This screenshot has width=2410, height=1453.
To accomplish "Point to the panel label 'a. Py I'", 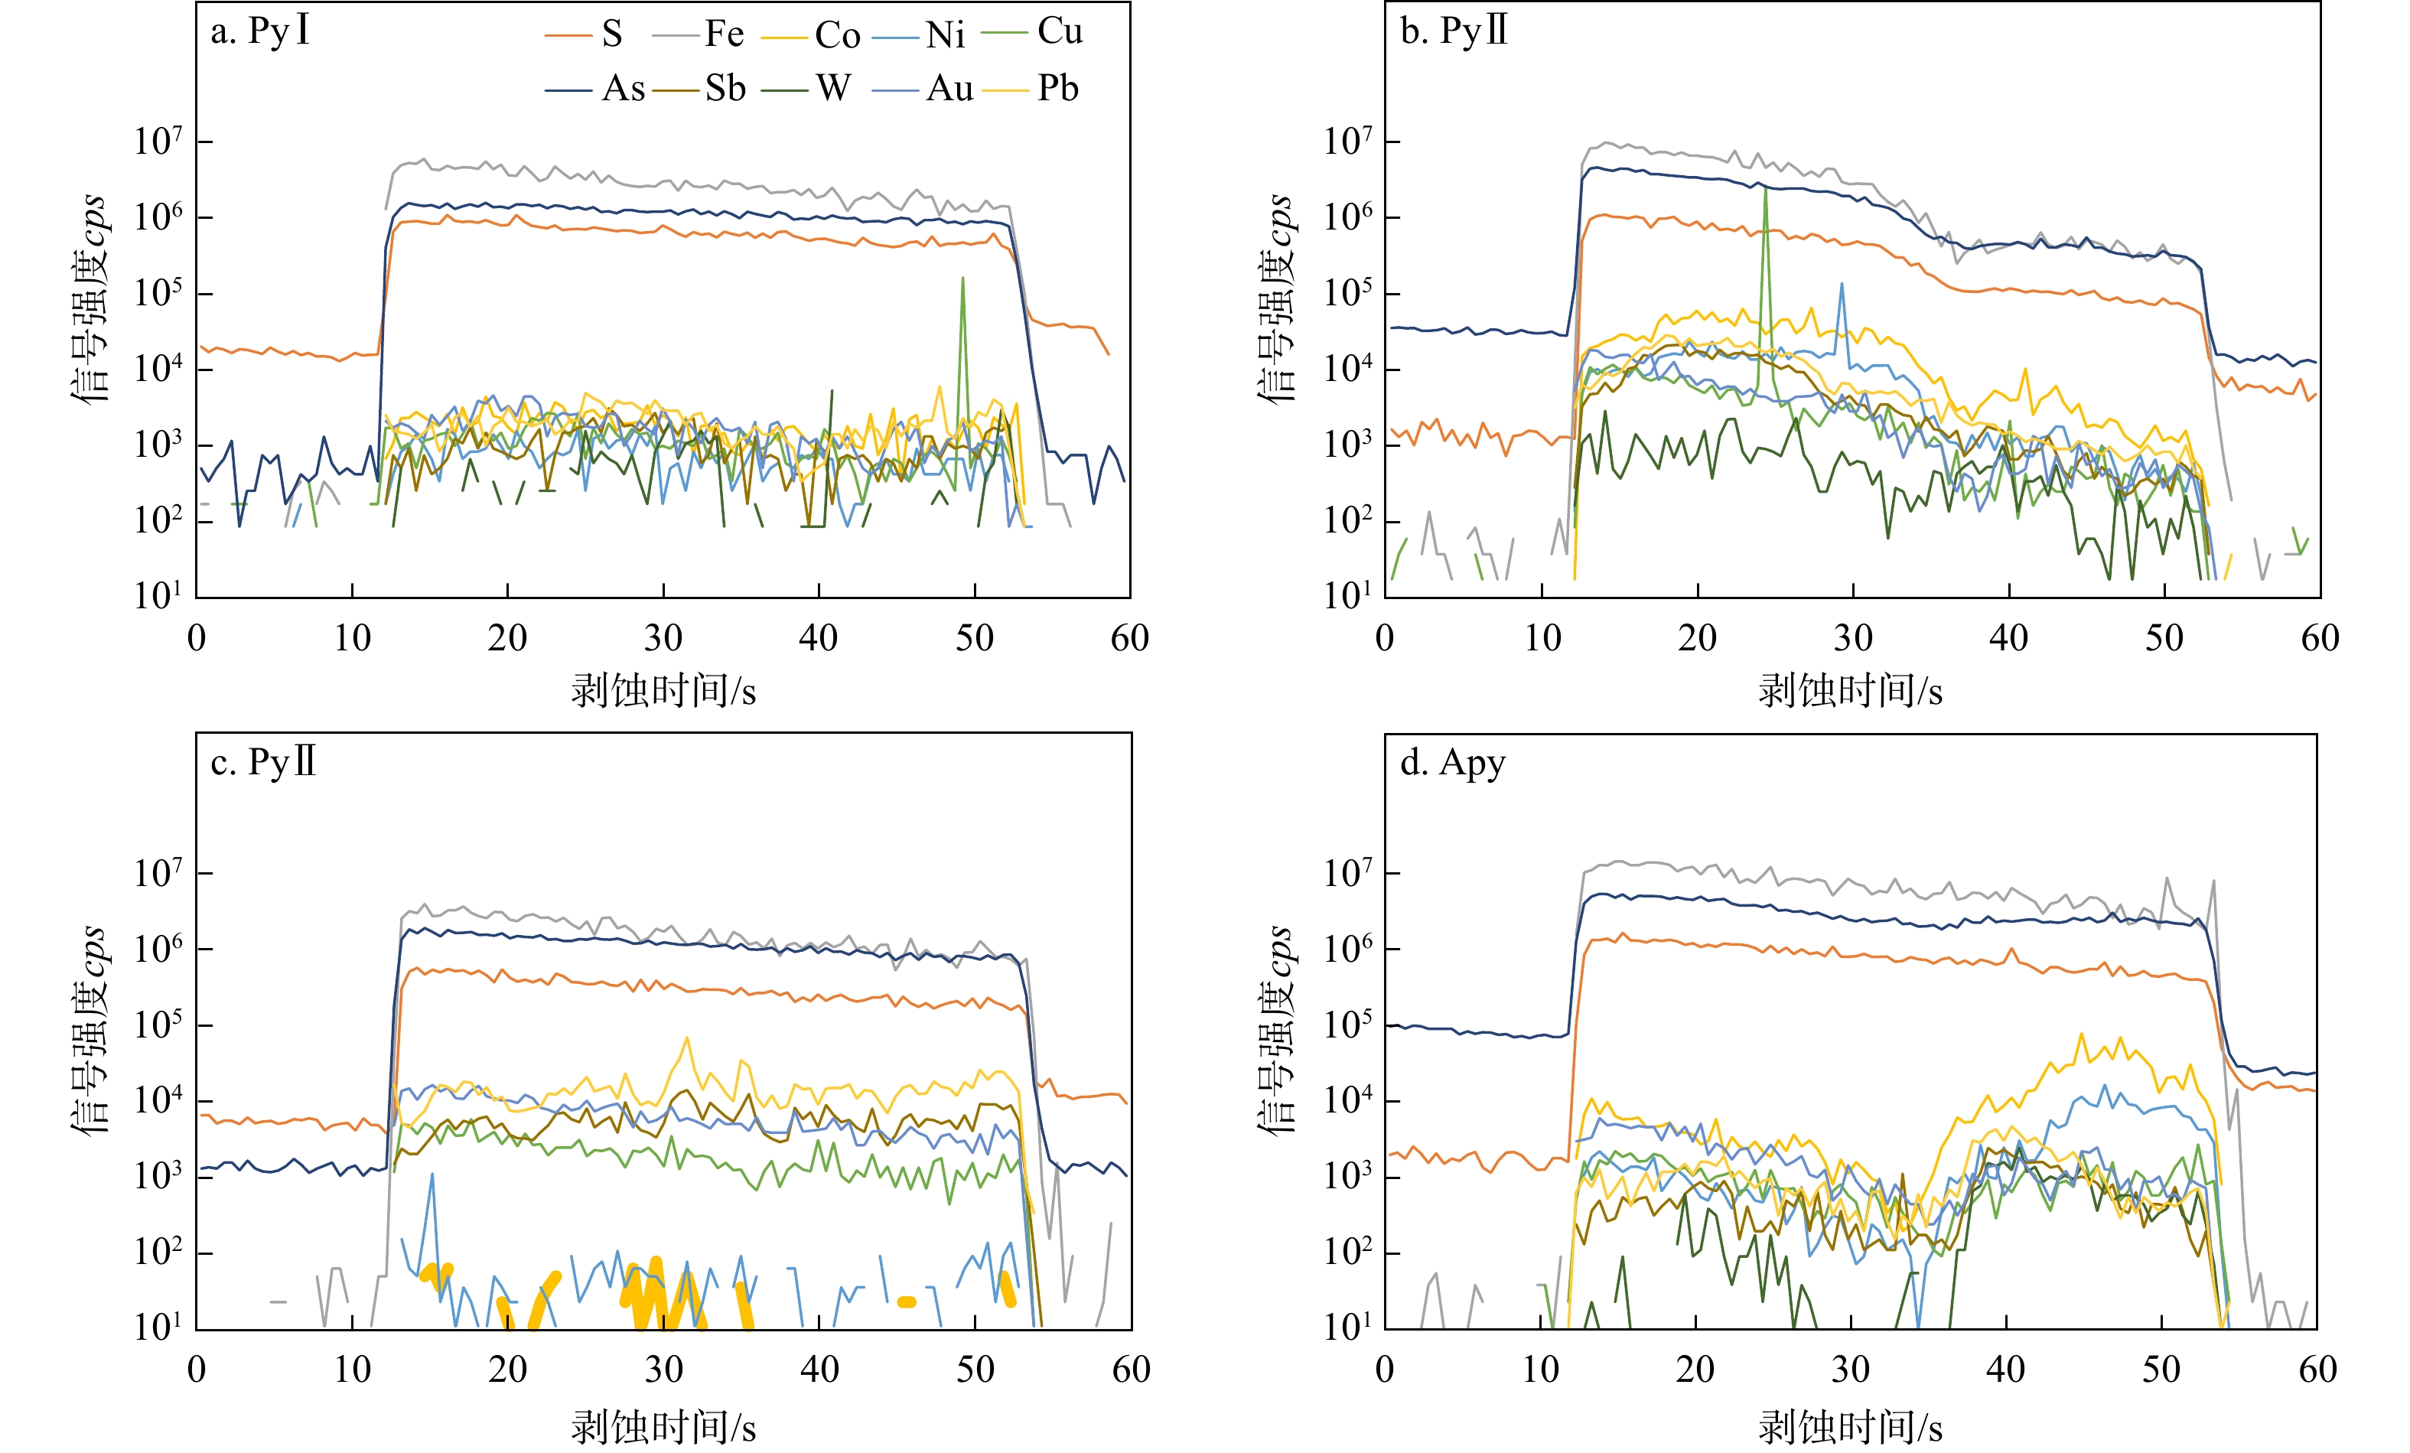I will pos(260,31).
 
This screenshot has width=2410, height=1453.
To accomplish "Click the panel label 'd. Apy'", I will pos(1452,762).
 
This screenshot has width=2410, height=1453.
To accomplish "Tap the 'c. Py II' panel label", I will pos(263,762).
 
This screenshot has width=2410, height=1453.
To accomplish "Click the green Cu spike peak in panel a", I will pos(962,278).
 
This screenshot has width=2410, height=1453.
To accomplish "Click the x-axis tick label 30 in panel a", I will pos(663,639).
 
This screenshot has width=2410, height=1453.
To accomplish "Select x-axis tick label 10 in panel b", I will pos(1542,639).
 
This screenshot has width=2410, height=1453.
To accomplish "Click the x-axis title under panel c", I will pos(663,1426).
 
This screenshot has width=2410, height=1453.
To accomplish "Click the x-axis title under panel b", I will pos(1851,692).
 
